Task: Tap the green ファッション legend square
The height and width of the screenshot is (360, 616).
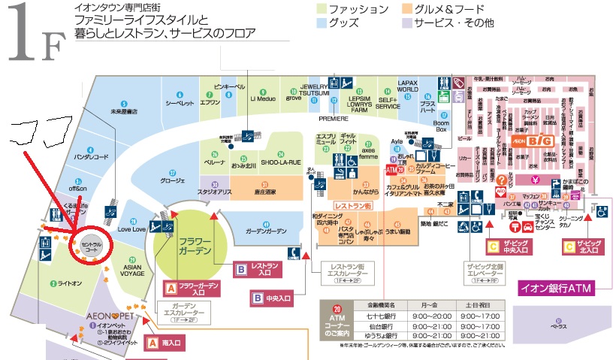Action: click(x=322, y=9)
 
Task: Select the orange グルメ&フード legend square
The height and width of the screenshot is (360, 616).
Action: click(x=406, y=9)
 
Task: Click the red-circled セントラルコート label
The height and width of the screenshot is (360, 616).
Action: click(x=90, y=247)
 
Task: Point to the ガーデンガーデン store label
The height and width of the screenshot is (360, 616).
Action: click(x=266, y=231)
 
